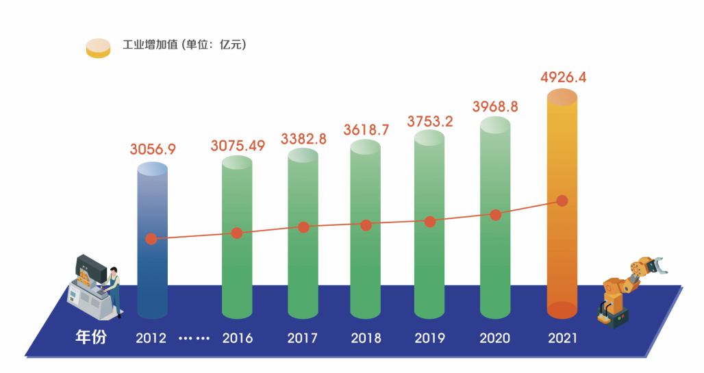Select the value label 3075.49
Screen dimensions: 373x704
click(x=238, y=145)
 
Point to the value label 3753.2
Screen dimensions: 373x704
click(x=430, y=121)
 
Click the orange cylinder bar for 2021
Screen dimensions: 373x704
click(x=562, y=260)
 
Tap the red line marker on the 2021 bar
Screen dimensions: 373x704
click(x=562, y=201)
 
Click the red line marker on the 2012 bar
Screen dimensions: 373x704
click(x=151, y=239)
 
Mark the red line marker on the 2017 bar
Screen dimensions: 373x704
click(x=303, y=227)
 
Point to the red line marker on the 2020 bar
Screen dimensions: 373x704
click(x=496, y=215)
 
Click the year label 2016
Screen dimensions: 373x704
click(x=238, y=338)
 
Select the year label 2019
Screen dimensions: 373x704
click(x=430, y=338)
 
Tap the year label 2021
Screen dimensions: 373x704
click(x=563, y=338)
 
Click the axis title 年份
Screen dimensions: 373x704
click(x=90, y=337)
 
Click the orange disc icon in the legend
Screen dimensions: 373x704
click(x=98, y=48)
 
